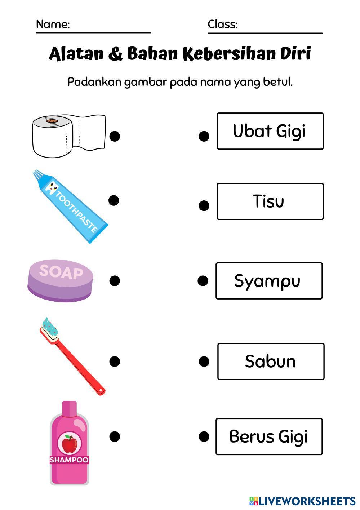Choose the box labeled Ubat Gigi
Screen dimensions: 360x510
pos(270,131)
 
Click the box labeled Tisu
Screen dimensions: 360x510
pos(270,201)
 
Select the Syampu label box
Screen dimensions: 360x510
pos(269,281)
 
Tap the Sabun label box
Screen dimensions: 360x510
pos(271,362)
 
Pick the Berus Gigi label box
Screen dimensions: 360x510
pos(269,436)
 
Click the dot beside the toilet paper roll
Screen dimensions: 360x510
pos(115,136)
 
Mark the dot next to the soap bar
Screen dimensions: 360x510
pos(115,280)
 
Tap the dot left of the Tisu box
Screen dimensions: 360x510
pos(204,205)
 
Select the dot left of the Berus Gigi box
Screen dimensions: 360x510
pos(204,436)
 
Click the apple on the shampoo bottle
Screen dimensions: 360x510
pos(69,443)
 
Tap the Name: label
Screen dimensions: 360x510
pos(53,25)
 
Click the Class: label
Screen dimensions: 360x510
pos(222,25)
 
